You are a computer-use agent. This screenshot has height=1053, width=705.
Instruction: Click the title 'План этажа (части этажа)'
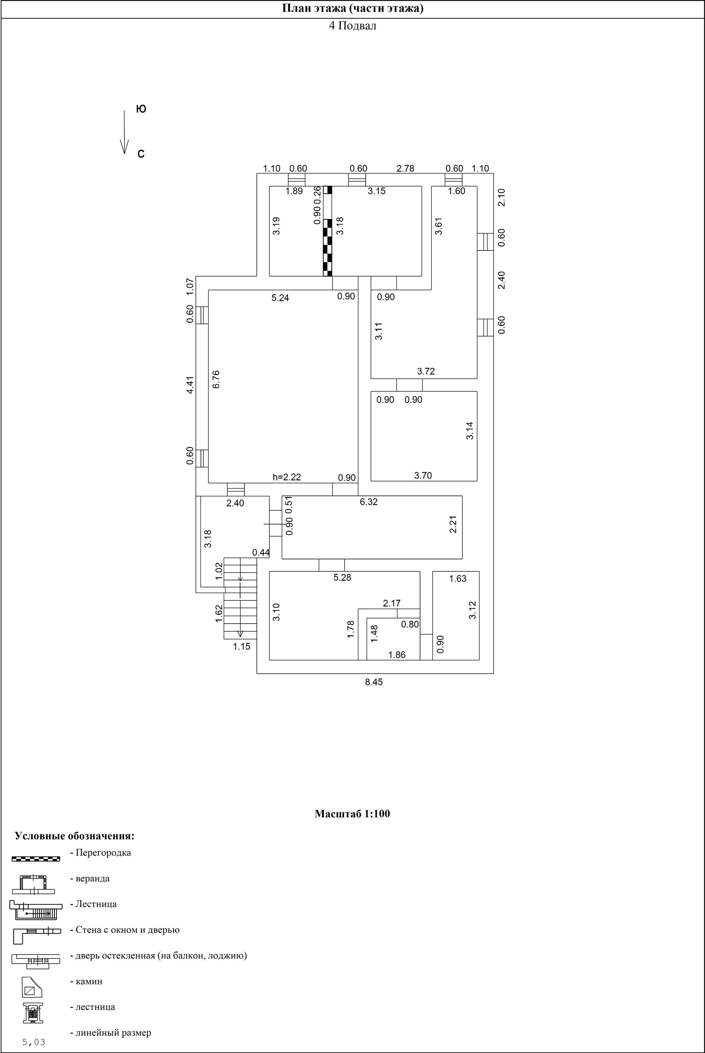tap(352, 8)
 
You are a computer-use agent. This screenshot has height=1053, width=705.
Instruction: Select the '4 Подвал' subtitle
tap(352, 26)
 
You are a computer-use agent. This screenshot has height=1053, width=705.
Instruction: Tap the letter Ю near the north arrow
tap(141, 109)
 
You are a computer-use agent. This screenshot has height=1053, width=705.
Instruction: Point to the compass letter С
tap(141, 154)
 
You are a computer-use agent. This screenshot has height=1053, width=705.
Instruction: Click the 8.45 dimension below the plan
tap(374, 682)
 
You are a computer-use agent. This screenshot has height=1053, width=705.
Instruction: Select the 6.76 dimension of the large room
tap(216, 379)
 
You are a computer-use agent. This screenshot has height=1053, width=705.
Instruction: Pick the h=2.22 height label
tap(287, 477)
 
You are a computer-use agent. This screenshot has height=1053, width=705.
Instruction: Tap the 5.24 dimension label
tap(280, 297)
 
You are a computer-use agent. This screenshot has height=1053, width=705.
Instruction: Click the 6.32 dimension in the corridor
tap(369, 502)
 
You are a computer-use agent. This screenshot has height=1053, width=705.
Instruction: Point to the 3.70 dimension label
tap(423, 475)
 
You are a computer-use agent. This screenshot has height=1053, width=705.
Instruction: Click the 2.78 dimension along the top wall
tap(405, 169)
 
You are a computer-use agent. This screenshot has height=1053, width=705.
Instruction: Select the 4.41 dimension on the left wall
tap(190, 385)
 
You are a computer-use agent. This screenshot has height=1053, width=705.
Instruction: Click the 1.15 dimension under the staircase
tap(242, 646)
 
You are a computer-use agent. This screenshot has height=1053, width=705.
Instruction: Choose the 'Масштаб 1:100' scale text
tap(352, 814)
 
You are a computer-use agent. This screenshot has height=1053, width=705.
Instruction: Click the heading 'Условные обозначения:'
tap(75, 836)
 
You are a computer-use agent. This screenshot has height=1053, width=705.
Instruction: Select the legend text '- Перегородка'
tap(100, 853)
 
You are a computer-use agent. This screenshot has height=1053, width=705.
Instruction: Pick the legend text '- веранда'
tap(90, 879)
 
